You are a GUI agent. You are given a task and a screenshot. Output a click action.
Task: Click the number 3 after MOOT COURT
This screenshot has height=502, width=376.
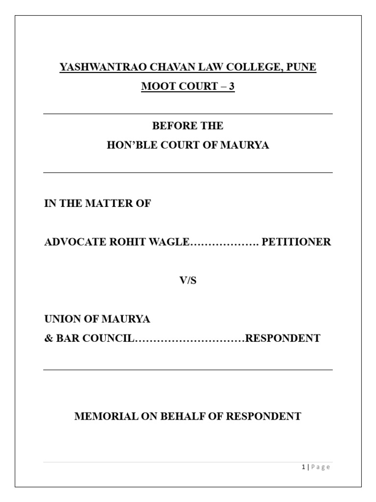click(232, 87)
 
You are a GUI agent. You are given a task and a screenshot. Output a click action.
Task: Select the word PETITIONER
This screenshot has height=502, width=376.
click(297, 242)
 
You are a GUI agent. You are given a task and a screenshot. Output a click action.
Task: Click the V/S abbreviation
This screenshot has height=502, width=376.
click(188, 281)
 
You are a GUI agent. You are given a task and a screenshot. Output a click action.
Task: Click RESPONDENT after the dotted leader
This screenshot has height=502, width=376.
click(282, 338)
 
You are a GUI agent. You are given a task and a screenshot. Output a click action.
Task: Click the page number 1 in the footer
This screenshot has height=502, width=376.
click(304, 467)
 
